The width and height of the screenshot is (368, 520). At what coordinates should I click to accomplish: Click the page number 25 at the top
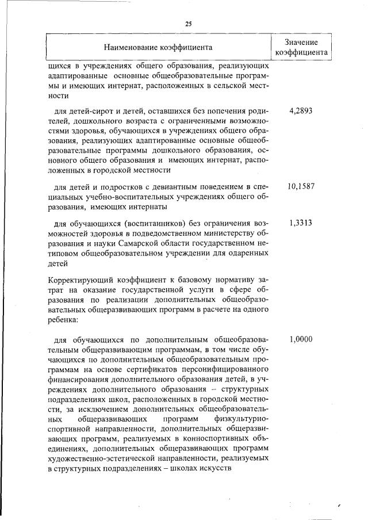(187, 24)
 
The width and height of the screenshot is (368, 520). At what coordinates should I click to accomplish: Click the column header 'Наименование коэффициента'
(158, 47)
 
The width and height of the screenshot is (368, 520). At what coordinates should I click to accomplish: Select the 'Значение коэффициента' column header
(301, 47)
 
